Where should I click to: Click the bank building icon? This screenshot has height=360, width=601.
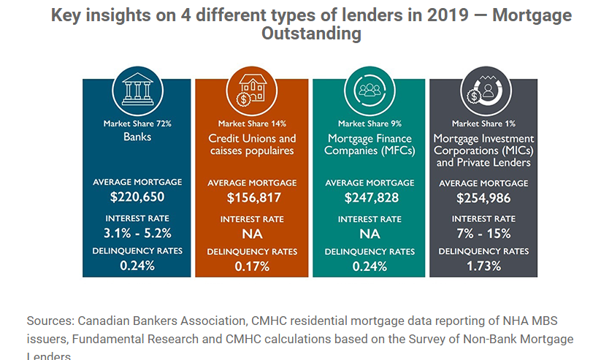point(137,91)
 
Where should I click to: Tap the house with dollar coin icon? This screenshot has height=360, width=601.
point(253,91)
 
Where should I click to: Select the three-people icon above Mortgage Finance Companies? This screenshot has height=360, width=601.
point(369,91)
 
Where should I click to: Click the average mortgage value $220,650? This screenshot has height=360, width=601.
point(137,197)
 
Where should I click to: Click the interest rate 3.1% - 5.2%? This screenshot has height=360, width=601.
point(137,234)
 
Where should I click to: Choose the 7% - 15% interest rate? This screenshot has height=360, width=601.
point(483,234)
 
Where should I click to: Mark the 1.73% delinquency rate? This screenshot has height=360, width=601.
point(483,267)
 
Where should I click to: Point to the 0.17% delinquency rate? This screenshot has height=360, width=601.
point(253,267)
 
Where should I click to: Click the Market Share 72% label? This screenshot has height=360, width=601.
point(137,123)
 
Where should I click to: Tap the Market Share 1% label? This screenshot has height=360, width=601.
point(483,124)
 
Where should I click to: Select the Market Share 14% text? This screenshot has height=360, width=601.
point(253,124)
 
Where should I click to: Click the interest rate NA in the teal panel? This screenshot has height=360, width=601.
point(369,234)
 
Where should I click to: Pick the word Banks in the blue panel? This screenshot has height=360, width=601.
point(137,136)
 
